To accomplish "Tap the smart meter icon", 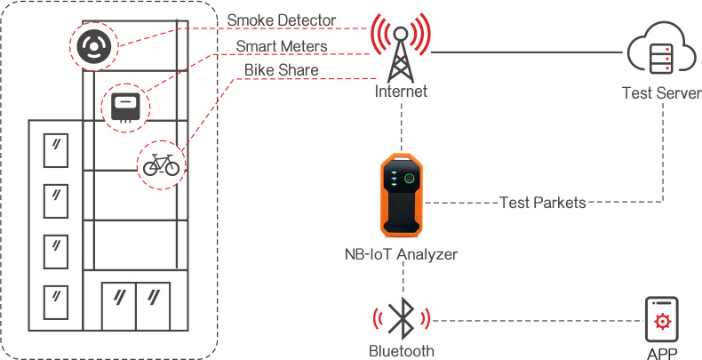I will (124, 107).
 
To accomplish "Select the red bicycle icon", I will (162, 164).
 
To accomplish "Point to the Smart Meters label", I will (282, 45).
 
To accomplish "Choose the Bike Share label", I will (281, 70).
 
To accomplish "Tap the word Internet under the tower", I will (401, 92).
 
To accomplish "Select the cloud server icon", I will (661, 52).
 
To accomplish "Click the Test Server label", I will (661, 93).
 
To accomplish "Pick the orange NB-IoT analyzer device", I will (402, 194).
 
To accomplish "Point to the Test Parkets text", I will (542, 203).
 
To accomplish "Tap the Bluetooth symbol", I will (402, 317).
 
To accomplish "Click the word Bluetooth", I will (402, 350).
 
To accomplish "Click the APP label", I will (662, 353).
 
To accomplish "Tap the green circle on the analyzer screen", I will (410, 179).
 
